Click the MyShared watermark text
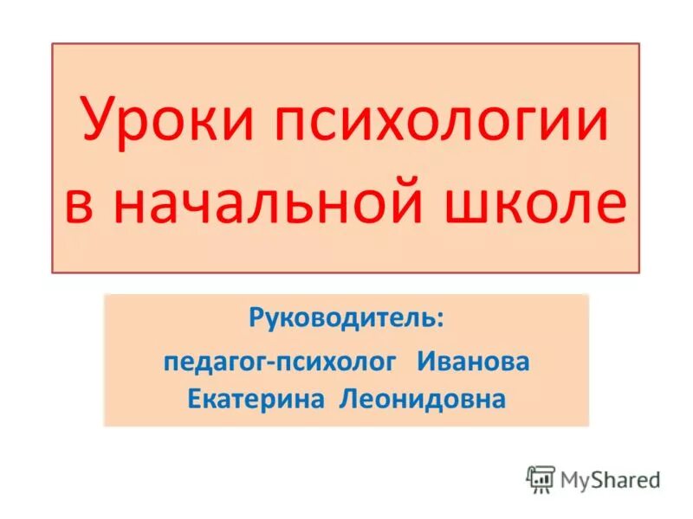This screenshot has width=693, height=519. click(x=610, y=477)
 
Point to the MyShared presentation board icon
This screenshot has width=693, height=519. click(x=541, y=478)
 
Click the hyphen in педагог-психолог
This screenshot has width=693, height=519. click(x=271, y=363)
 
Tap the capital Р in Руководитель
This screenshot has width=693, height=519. click(x=256, y=319)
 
